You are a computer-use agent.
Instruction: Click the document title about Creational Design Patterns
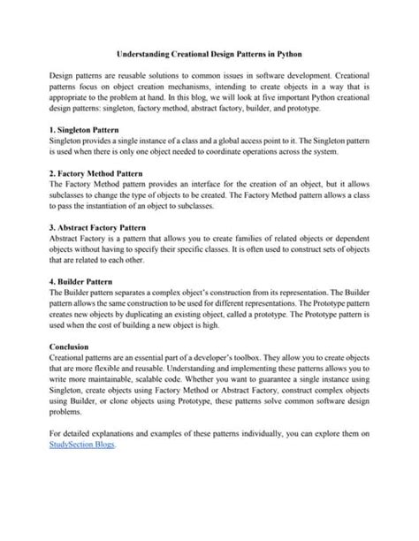[209, 54]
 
